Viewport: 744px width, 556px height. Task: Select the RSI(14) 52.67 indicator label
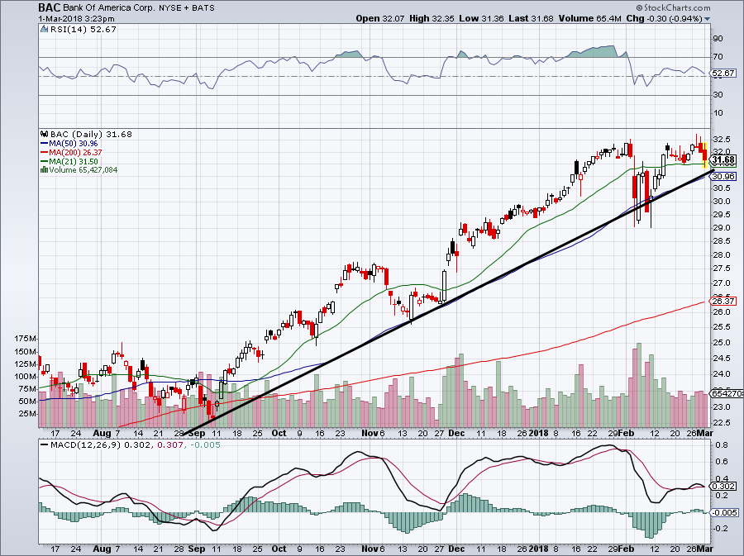tap(72, 29)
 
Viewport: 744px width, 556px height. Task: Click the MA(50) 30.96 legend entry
tap(69, 143)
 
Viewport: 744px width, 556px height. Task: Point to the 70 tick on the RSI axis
tap(719, 57)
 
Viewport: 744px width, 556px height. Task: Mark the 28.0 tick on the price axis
tap(721, 254)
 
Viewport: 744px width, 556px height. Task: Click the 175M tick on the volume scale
tap(24, 339)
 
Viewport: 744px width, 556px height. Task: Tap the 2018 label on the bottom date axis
tap(538, 433)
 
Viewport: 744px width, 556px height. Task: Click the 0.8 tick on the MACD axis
tap(720, 444)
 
